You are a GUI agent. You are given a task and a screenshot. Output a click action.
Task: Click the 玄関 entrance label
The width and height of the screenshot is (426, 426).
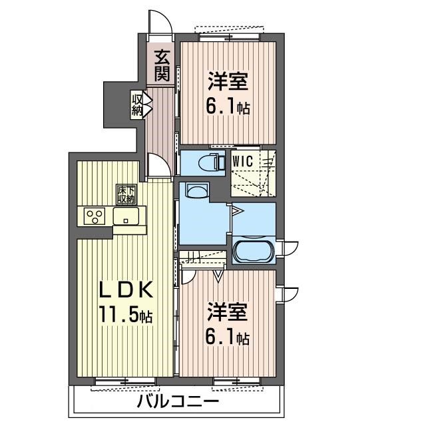click(x=162, y=65)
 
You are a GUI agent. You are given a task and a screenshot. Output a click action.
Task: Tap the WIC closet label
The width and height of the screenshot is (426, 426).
click(x=242, y=161)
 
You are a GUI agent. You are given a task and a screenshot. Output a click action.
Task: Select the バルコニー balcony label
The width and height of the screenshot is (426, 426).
click(x=178, y=401)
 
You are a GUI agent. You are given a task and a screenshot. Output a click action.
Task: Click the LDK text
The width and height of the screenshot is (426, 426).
click(x=125, y=290)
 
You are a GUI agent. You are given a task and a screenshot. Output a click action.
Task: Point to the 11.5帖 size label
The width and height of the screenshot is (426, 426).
click(x=126, y=314)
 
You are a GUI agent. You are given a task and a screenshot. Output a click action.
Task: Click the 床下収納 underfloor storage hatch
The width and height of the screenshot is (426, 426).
click(x=126, y=194)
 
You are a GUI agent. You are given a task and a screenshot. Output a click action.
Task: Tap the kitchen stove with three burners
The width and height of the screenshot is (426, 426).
click(x=95, y=216)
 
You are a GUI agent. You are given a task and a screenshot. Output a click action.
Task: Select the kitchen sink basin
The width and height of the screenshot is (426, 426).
click(x=126, y=216)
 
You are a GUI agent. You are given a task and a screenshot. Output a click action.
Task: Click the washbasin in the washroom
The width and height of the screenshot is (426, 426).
click(x=197, y=191)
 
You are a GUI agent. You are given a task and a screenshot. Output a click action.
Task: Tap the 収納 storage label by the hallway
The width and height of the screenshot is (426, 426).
click(x=138, y=105)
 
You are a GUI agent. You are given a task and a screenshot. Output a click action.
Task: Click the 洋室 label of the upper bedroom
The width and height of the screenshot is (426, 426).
click(x=228, y=81)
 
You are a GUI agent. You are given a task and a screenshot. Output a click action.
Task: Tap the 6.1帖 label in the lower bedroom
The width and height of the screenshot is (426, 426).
click(x=228, y=338)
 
